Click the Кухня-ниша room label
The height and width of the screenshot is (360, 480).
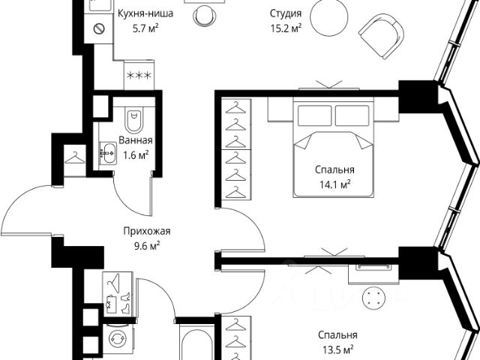click(x=145, y=13)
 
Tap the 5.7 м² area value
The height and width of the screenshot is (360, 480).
click(x=145, y=28)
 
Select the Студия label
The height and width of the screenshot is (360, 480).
click(x=286, y=13)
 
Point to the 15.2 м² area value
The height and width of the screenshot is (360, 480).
click(x=286, y=28)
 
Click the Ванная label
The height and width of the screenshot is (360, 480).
click(x=136, y=140)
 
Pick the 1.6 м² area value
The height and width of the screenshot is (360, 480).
click(x=136, y=155)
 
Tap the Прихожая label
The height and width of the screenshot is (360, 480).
click(x=147, y=231)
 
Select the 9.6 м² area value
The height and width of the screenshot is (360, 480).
click(x=147, y=246)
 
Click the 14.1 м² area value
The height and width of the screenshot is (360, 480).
click(x=335, y=184)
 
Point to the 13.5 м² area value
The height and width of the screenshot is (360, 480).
click(x=338, y=349)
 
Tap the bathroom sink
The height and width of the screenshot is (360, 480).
click(x=108, y=153)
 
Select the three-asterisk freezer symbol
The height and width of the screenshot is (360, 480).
click(x=139, y=75)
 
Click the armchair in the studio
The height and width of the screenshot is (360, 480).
click(x=382, y=36)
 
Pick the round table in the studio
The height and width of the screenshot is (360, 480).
click(x=328, y=17)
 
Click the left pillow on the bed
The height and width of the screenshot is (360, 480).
click(x=314, y=115)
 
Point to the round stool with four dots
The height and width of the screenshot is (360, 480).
click(x=373, y=298)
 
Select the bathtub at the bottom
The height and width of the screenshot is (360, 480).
click(x=196, y=343)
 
